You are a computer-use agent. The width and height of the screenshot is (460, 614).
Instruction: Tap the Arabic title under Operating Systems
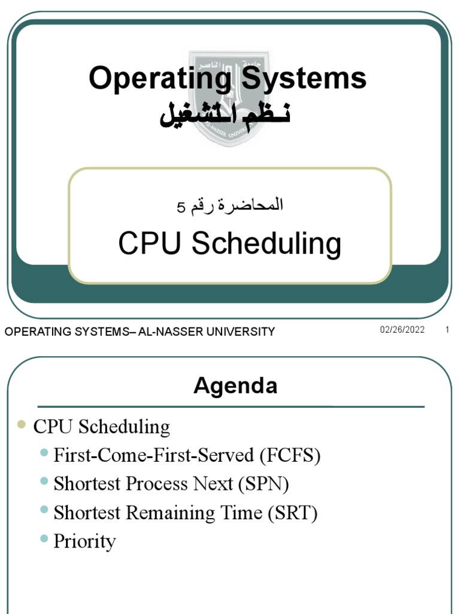[x=225, y=115]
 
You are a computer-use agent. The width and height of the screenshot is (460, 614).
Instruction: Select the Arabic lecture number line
[x=230, y=206]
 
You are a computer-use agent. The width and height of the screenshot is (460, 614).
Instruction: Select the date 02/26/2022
[x=402, y=330]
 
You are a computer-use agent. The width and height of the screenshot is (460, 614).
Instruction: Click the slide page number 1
[x=447, y=330]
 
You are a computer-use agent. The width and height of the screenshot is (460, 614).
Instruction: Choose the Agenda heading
[x=235, y=386]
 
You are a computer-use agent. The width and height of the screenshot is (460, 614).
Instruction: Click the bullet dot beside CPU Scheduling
[x=22, y=425]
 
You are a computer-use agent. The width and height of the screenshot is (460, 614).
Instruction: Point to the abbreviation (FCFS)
[x=290, y=456]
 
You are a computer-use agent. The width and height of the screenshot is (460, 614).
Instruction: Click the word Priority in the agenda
[x=84, y=541]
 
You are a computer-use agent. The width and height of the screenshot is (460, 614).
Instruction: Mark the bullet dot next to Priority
[x=44, y=539]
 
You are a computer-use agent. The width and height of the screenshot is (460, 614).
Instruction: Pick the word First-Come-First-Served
[x=154, y=456]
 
